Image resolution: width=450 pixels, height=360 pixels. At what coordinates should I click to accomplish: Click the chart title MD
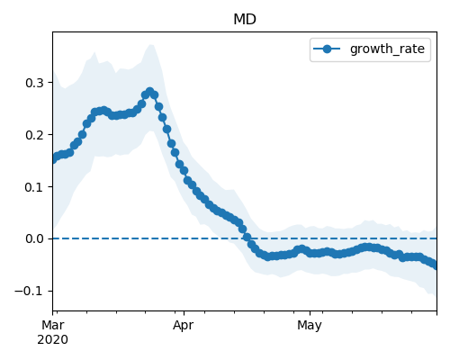(245, 20)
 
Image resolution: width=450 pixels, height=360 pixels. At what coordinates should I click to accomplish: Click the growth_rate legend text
(387, 49)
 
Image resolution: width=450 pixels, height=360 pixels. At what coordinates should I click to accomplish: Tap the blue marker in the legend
(327, 49)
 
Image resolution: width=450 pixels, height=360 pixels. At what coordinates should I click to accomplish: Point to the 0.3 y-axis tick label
(34, 83)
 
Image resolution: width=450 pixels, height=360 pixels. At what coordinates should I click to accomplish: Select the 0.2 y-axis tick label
(34, 135)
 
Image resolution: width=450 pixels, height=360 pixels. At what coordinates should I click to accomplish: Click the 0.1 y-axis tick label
(34, 187)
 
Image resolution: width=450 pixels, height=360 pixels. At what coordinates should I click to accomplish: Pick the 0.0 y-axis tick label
(34, 239)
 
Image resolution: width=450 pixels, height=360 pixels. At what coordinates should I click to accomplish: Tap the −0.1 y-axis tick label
(29, 292)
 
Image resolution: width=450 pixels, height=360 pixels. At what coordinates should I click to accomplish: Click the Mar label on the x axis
(53, 325)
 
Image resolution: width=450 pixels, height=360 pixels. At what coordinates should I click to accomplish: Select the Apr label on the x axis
(183, 326)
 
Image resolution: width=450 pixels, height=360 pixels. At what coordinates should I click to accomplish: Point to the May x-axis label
(310, 326)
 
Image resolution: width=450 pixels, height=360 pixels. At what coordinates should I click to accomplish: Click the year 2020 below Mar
(52, 339)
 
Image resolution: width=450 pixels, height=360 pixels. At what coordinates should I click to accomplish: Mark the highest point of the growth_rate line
(150, 92)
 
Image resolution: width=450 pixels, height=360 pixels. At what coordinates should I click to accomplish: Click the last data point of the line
(436, 265)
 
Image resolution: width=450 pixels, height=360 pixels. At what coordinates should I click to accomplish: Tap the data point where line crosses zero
(247, 238)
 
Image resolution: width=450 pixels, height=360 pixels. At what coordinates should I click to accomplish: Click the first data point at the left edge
(54, 158)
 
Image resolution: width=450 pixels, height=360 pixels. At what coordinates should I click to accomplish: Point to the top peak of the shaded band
(151, 44)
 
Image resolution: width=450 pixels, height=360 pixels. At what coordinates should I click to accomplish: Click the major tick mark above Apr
(184, 313)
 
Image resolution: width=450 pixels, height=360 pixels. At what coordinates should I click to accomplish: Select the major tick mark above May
(310, 313)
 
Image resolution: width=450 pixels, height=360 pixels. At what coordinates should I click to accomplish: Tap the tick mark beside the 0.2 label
(50, 135)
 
